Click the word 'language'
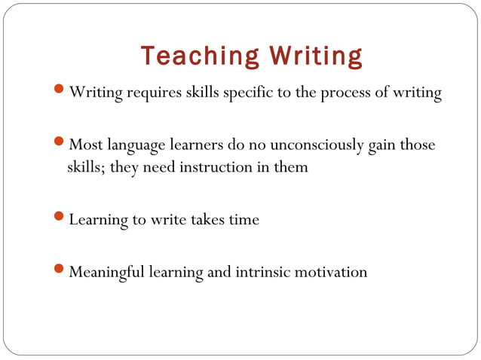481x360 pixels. click(139, 145)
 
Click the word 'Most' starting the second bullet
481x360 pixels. click(84, 145)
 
